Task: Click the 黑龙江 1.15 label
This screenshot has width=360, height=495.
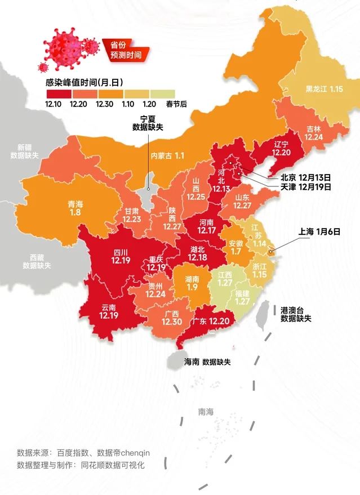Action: (324, 89)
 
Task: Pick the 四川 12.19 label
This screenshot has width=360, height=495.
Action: (121, 256)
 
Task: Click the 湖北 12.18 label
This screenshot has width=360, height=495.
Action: (198, 253)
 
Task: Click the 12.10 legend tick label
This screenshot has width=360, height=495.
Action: (54, 104)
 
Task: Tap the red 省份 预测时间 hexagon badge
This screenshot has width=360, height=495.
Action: (122, 50)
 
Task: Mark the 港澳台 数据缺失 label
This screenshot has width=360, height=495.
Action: (296, 314)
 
